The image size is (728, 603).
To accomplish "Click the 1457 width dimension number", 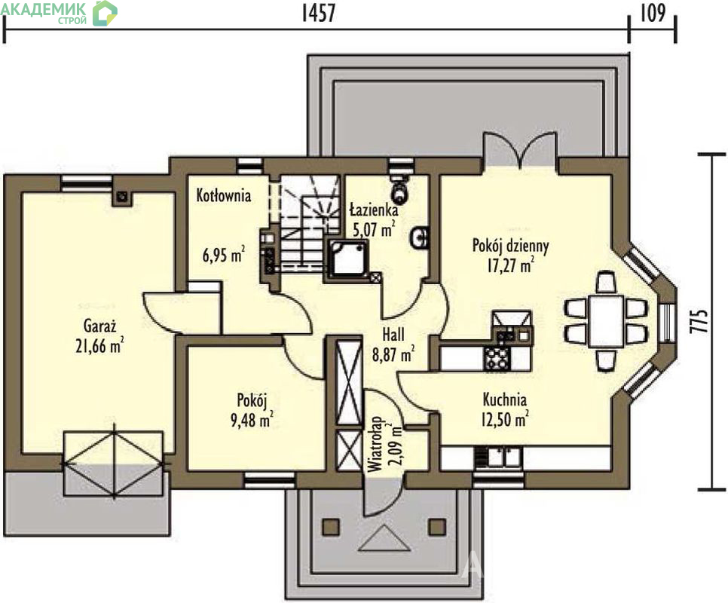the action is coord(319,13).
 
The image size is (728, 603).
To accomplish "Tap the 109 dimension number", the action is coord(653,13).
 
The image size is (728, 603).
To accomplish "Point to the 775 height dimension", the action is coord(699,321).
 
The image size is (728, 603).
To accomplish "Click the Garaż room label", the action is coord(99,326).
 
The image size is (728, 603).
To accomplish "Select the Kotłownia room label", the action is coord(224,195).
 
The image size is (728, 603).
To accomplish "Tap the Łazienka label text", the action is coord(373,210).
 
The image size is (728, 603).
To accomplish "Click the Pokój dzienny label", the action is coord(511,245).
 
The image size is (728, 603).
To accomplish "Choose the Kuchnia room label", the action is coord(505,399).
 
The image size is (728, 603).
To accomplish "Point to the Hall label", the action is coord(393,334).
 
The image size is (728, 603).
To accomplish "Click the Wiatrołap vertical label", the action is coord(375,444).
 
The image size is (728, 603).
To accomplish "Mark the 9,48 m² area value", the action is coord(252,420).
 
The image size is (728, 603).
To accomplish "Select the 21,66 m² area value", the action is coord(99,346).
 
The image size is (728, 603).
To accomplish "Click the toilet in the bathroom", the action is coord(399,187).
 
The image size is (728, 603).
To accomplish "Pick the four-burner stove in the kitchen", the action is coord(497,358).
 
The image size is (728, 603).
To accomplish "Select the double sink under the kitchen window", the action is coord(497,458).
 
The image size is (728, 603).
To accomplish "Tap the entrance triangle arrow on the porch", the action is coord(384,538).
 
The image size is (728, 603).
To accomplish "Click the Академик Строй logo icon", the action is coord(105,13).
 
